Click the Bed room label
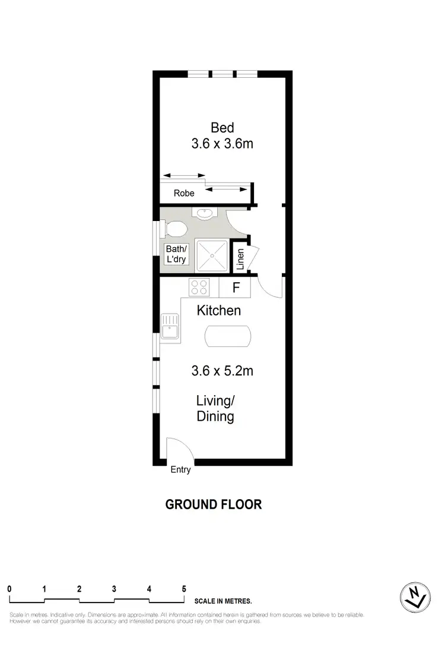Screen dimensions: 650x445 click(223, 127)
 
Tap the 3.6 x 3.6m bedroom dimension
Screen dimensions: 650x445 click(223, 143)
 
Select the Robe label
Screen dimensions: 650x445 click(184, 193)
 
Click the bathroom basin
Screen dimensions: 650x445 click(205, 214)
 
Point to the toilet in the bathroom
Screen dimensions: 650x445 click(175, 228)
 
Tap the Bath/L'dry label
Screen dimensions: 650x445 click(176, 254)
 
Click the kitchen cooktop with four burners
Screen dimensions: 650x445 click(199, 288)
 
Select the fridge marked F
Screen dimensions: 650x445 click(236, 288)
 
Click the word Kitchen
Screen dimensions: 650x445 click(219, 310)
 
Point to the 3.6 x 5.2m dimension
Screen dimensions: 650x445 click(223, 371)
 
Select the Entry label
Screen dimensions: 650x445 click(181, 470)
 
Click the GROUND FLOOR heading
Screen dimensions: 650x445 click(214, 504)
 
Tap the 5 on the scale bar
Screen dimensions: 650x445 click(184, 588)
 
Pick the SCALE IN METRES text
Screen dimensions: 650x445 click(223, 600)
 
